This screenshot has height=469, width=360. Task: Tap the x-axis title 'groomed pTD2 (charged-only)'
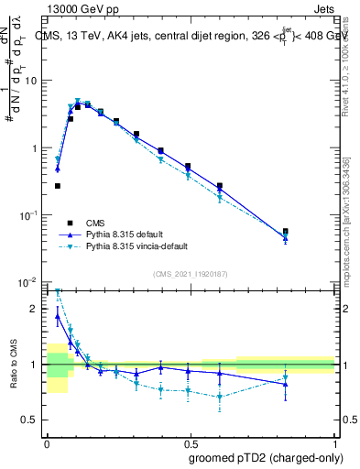pyautogui.click(x=266, y=456)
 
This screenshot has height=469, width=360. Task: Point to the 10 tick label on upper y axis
pyautogui.click(x=30, y=81)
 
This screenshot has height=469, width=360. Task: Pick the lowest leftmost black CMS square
pyautogui.click(x=58, y=186)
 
